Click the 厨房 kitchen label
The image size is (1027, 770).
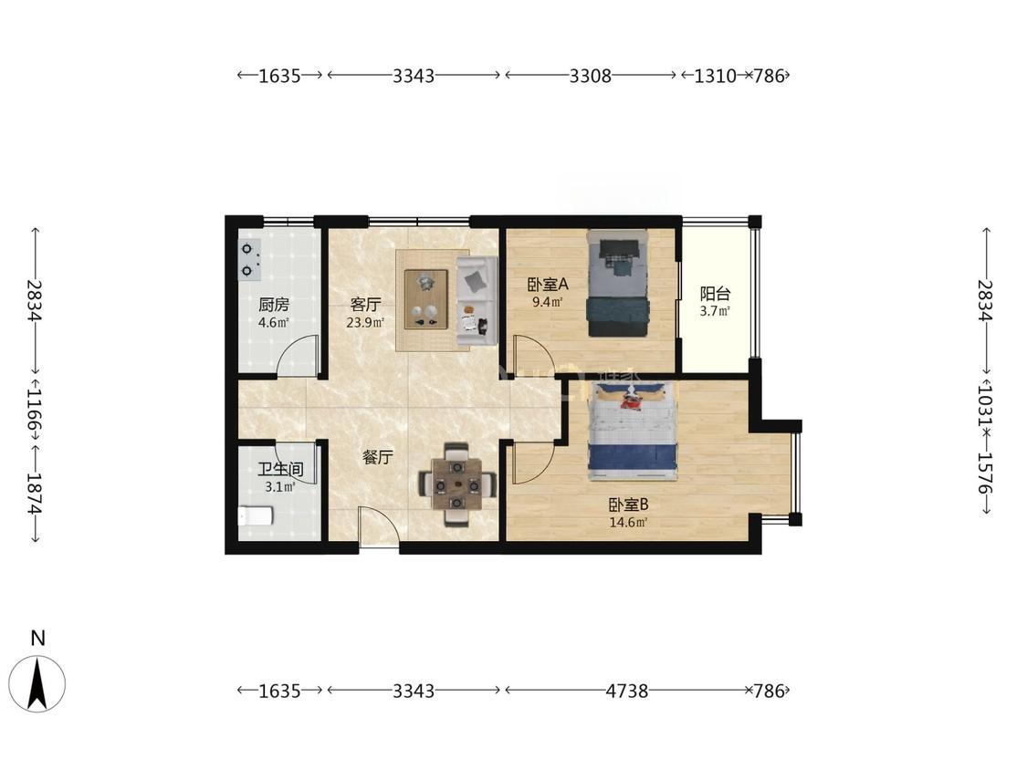(x=274, y=305)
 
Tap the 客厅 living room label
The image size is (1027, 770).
(x=365, y=305)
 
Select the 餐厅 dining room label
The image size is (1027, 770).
(x=378, y=457)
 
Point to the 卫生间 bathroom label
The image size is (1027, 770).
(x=280, y=470)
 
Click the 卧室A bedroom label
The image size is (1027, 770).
(x=549, y=285)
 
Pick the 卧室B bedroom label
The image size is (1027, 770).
(x=629, y=505)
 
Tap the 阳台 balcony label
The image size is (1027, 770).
(x=715, y=294)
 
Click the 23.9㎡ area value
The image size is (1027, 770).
(x=365, y=322)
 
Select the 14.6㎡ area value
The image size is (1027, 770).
(x=629, y=523)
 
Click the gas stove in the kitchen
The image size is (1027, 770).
(x=249, y=258)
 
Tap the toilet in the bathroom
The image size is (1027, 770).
(x=255, y=516)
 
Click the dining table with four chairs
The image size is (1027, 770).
(x=457, y=485)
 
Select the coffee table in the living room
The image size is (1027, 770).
(x=426, y=299)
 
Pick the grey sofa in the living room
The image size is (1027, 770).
(x=477, y=302)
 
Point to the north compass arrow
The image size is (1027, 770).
(x=38, y=684)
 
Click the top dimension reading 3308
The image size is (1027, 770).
(x=590, y=76)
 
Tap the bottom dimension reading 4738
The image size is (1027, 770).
(x=627, y=691)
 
